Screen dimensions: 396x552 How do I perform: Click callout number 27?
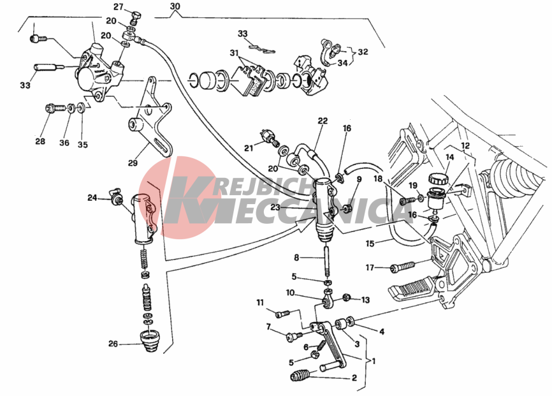pyautogui.click(x=118, y=7)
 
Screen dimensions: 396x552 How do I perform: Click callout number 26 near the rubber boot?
pyautogui.click(x=113, y=344)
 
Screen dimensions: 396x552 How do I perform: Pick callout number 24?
pyautogui.click(x=92, y=198)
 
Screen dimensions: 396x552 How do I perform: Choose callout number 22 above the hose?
pyautogui.click(x=323, y=121)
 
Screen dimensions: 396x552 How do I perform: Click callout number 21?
pyautogui.click(x=249, y=148)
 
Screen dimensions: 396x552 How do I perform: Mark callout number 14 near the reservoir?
pyautogui.click(x=449, y=157)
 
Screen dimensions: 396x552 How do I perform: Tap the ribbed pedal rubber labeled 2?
pyautogui.click(x=301, y=376)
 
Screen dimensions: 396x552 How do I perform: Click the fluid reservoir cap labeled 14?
pyautogui.click(x=438, y=177)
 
